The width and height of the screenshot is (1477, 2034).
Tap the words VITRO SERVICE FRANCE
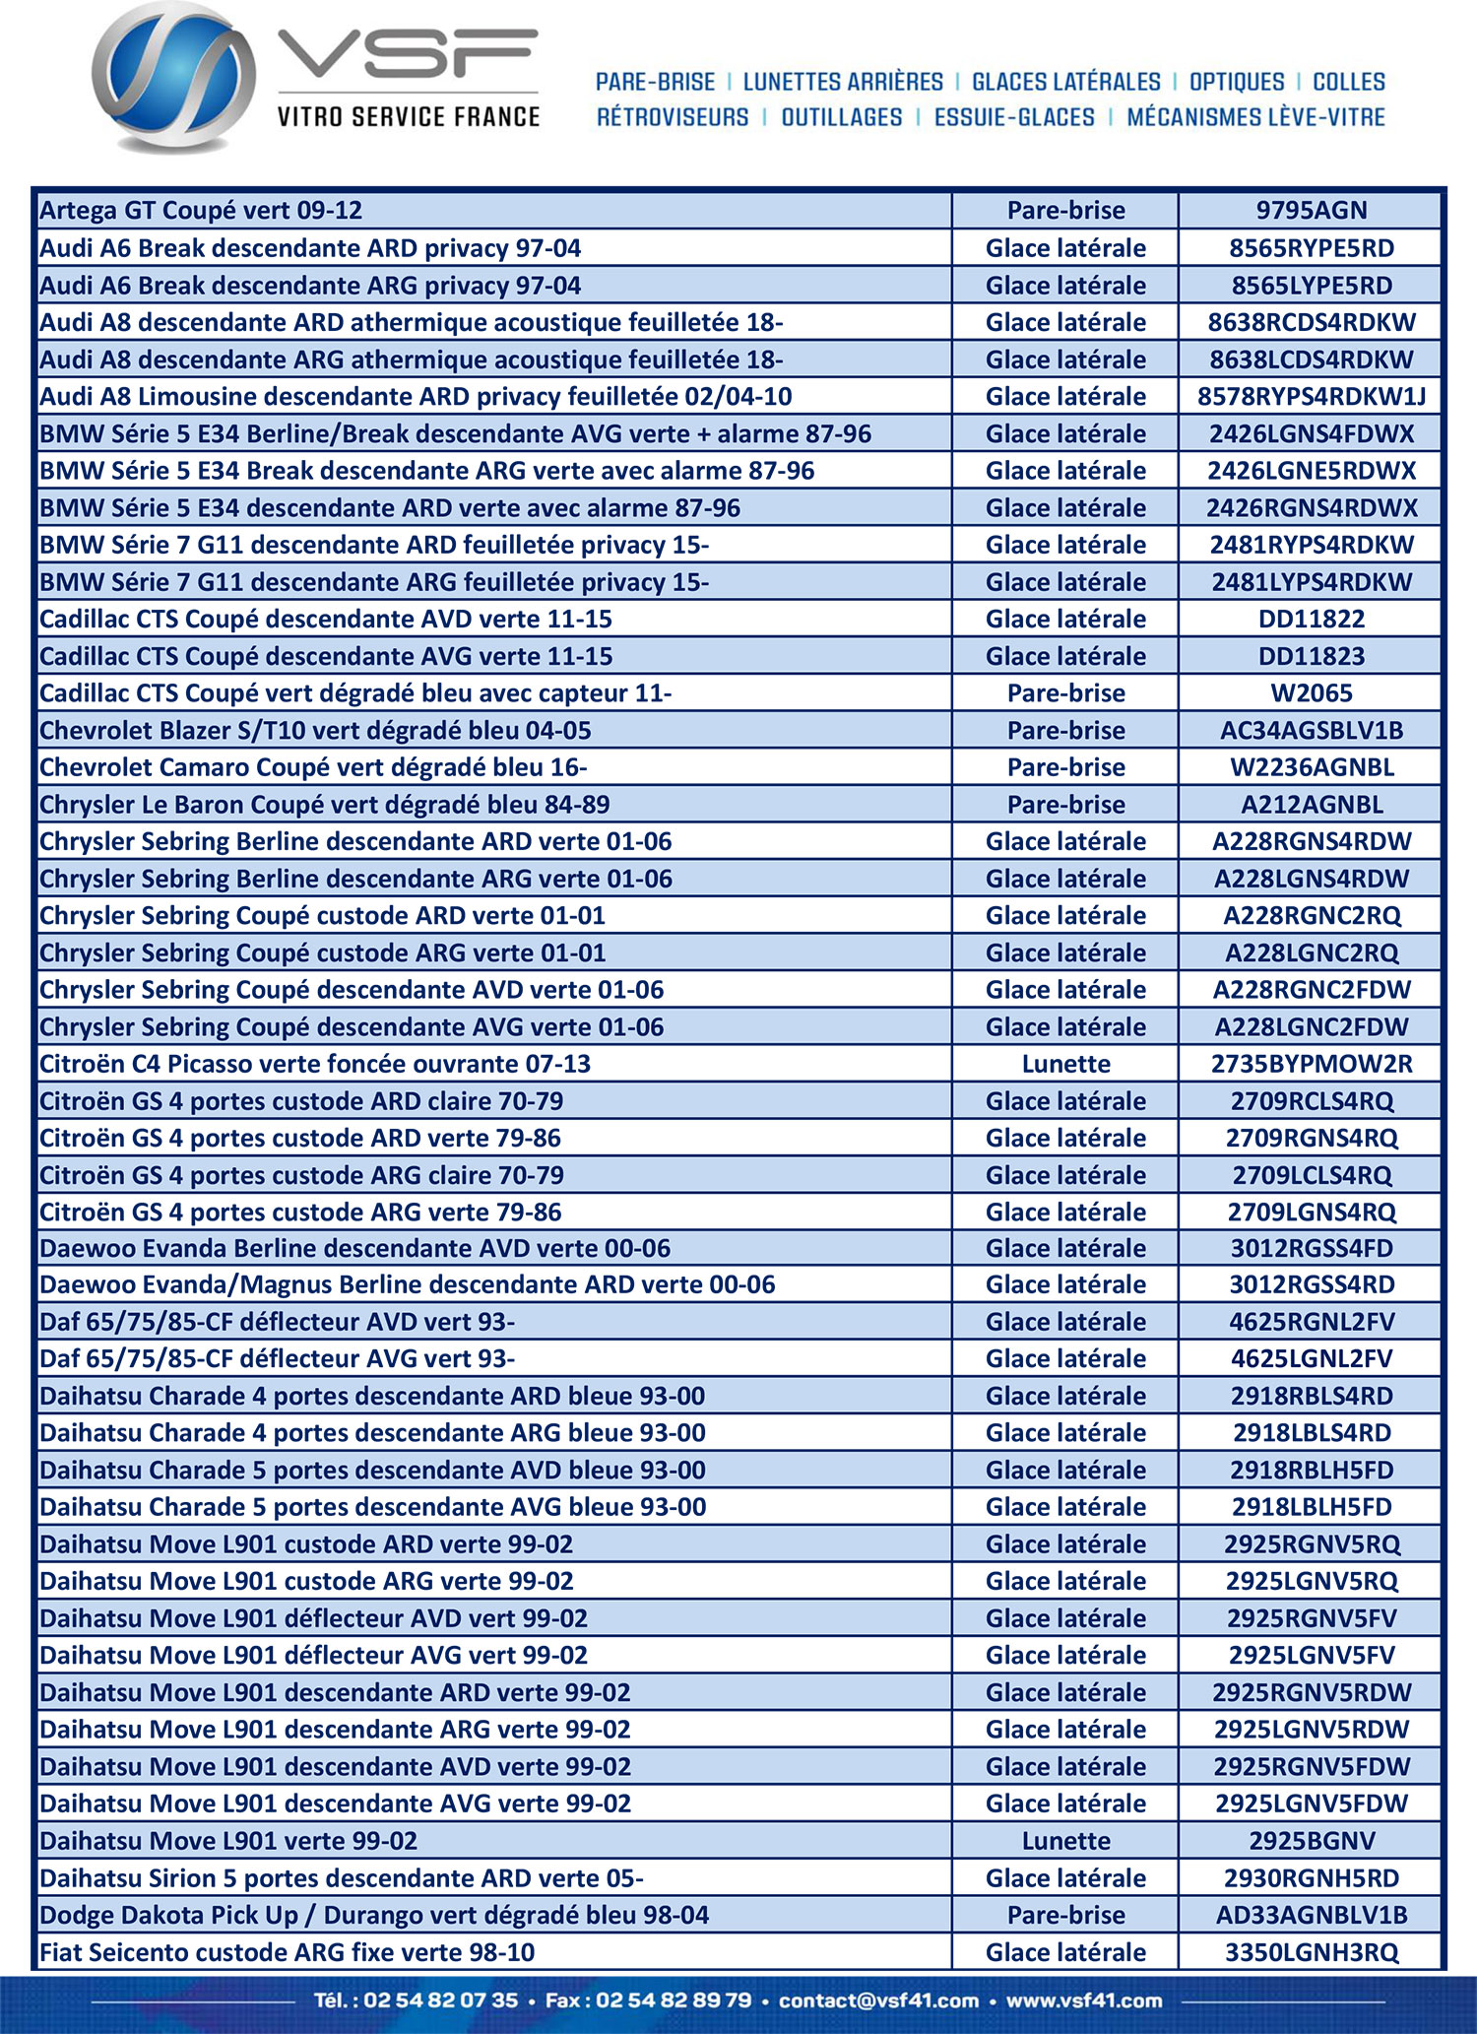pyautogui.click(x=408, y=117)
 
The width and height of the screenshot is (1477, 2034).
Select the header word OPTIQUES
pyautogui.click(x=1237, y=82)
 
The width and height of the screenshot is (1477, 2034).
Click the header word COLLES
pyautogui.click(x=1349, y=82)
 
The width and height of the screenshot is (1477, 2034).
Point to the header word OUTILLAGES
pyautogui.click(x=841, y=117)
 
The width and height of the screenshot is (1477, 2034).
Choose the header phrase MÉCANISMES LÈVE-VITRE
pyautogui.click(x=1255, y=117)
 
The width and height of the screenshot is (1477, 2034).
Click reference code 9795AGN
pyautogui.click(x=1311, y=210)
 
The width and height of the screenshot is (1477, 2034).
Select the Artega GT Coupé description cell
pyautogui.click(x=201, y=210)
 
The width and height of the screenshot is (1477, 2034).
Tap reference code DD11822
pyautogui.click(x=1311, y=619)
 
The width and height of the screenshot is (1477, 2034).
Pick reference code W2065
pyautogui.click(x=1311, y=693)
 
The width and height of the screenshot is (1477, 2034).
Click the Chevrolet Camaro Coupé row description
pyautogui.click(x=313, y=767)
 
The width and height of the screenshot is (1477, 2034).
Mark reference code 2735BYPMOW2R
pyautogui.click(x=1311, y=1064)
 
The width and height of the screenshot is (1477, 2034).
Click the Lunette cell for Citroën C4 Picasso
pyautogui.click(x=1065, y=1064)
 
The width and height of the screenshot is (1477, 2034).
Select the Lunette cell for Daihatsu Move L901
pyautogui.click(x=1065, y=1841)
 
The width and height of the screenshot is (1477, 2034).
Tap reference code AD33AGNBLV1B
pyautogui.click(x=1311, y=1915)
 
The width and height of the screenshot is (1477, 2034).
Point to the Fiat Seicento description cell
pyautogui.click(x=287, y=1952)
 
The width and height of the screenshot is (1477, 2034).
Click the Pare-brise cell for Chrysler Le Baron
pyautogui.click(x=1065, y=805)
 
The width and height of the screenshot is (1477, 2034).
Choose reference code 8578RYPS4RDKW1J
pyautogui.click(x=1311, y=397)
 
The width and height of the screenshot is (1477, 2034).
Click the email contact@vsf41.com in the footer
pyautogui.click(x=878, y=2001)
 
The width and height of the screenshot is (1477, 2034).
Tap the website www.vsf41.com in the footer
pyautogui.click(x=1083, y=2001)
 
